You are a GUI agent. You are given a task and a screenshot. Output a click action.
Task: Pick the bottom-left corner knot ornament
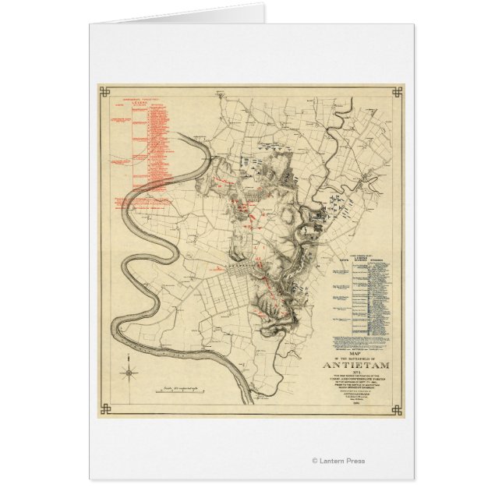[102, 411]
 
